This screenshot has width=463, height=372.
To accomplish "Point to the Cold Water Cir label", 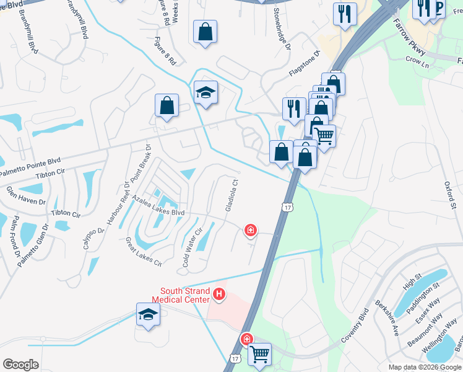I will point(191,249).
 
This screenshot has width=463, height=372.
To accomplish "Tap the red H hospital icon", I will point(218,293).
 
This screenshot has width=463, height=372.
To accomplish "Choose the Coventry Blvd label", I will point(355,332).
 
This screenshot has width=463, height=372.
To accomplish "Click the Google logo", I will point(20,365).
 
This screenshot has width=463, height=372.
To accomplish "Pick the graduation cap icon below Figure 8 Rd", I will point(206,92).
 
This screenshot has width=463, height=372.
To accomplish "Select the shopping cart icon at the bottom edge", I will point(260,355).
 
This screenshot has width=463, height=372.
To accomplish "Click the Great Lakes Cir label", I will point(144,252).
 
